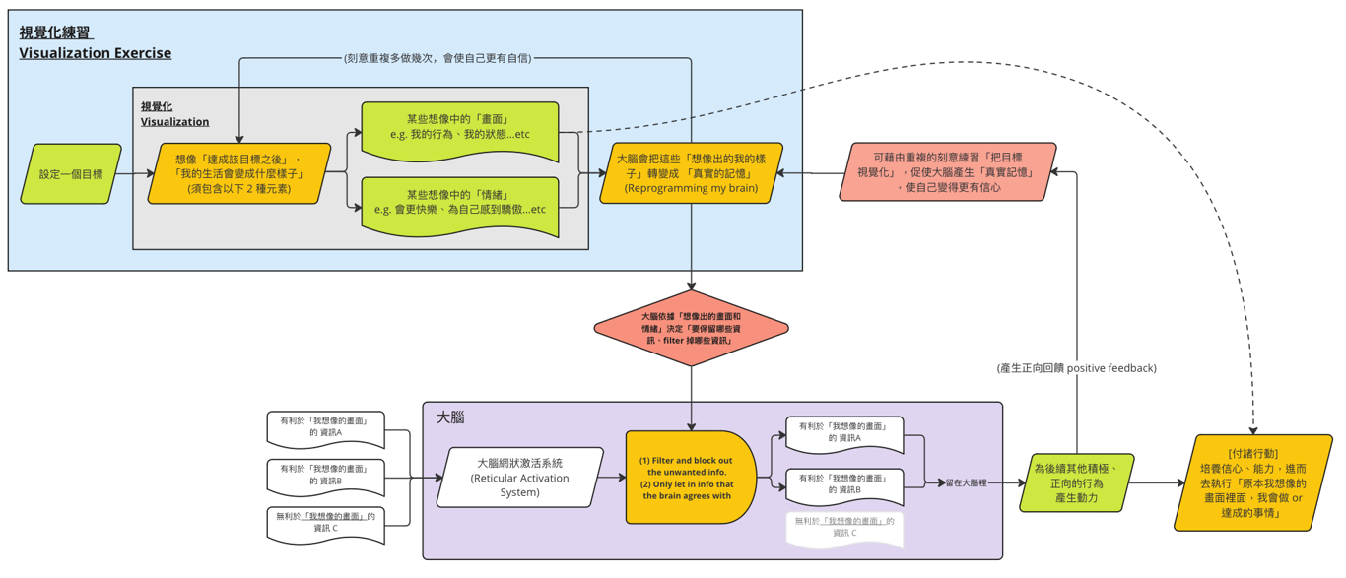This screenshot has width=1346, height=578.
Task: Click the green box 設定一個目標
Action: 71,174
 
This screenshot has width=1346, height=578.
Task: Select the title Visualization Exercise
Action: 95,53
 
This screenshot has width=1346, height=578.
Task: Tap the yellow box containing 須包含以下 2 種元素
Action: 238,174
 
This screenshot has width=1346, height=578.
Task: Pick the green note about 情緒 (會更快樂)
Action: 460,203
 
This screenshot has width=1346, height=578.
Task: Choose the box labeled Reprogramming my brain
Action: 691,173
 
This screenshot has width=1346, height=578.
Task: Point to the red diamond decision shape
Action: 691,328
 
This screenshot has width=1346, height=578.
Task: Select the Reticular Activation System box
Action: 519,478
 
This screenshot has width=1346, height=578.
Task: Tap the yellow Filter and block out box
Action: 689,478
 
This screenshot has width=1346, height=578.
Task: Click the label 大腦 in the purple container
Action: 450,417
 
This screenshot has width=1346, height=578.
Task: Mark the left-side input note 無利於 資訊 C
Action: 324,523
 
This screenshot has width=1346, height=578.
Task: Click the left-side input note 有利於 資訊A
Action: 324,427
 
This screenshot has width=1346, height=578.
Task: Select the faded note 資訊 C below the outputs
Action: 843,527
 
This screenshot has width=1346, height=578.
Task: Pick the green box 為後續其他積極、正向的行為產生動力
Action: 1077,483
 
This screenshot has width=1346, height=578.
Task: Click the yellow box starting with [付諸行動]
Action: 1252,483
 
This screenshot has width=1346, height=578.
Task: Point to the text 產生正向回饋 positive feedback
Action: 1077,368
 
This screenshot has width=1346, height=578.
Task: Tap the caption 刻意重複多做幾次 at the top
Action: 437,58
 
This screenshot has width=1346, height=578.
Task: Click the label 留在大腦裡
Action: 971,483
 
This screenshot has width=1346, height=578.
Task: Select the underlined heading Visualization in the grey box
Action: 174,122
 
